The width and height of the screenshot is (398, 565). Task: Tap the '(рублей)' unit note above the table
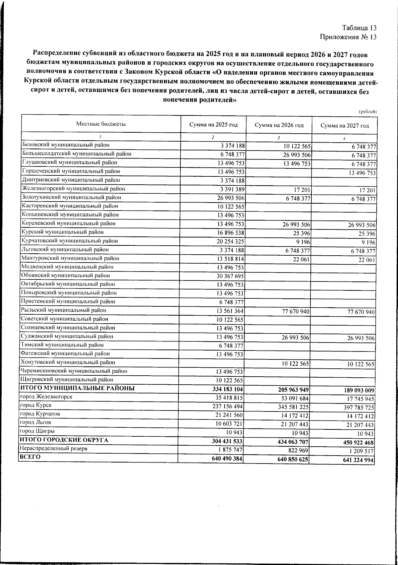click(368, 112)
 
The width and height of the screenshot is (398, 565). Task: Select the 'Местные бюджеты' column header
click(101, 124)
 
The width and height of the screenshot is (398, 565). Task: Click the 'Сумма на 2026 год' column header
click(279, 125)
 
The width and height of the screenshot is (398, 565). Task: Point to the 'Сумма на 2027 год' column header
click(345, 126)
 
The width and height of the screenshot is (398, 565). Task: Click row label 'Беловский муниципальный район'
click(65, 145)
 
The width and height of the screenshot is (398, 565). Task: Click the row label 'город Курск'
click(36, 405)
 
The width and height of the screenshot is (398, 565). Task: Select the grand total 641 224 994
click(354, 460)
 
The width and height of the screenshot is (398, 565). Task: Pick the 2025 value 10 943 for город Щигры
click(235, 433)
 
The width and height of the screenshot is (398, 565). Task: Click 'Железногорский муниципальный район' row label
click(73, 189)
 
